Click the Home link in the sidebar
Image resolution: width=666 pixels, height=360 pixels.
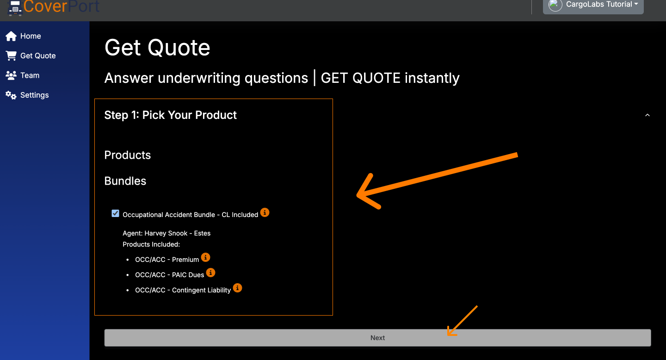[x=31, y=36]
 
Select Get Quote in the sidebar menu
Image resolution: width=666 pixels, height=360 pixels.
[x=38, y=56]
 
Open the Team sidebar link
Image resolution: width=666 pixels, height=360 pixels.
[x=30, y=75]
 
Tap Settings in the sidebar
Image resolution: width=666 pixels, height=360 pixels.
[x=34, y=95]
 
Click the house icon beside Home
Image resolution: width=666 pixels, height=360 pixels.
[x=11, y=36]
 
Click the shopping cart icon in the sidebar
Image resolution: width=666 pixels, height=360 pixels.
[x=11, y=56]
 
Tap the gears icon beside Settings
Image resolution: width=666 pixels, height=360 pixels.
[x=11, y=95]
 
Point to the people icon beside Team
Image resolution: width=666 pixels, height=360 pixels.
[x=11, y=75]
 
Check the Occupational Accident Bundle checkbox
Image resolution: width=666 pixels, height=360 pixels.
[x=115, y=213]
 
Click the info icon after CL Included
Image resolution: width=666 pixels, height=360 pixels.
[x=265, y=212]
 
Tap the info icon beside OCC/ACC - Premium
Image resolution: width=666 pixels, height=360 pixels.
[x=205, y=257]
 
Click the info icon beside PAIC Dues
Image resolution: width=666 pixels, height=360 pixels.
[x=210, y=273]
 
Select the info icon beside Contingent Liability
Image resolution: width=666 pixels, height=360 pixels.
[x=237, y=288]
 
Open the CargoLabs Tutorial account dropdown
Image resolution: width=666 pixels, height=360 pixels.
[x=593, y=5]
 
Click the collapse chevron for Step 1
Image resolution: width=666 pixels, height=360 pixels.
[x=647, y=115]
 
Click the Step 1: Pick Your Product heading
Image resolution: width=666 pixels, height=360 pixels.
[x=170, y=115]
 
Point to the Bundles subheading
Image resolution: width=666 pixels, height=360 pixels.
[x=125, y=181]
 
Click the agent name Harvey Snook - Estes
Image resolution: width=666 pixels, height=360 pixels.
[x=178, y=233]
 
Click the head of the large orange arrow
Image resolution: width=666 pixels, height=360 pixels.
[x=358, y=195]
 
